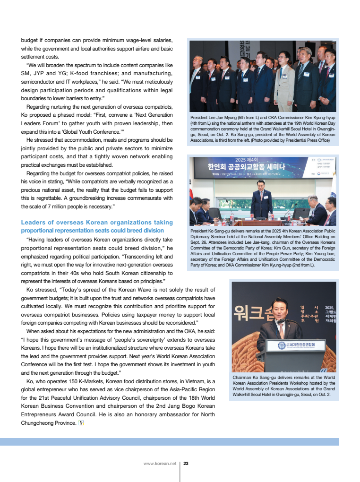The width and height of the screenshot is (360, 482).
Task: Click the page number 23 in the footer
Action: coord(186,464)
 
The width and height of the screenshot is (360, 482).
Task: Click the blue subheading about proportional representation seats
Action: coord(97,226)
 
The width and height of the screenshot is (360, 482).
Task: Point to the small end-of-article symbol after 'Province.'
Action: coord(81,423)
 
